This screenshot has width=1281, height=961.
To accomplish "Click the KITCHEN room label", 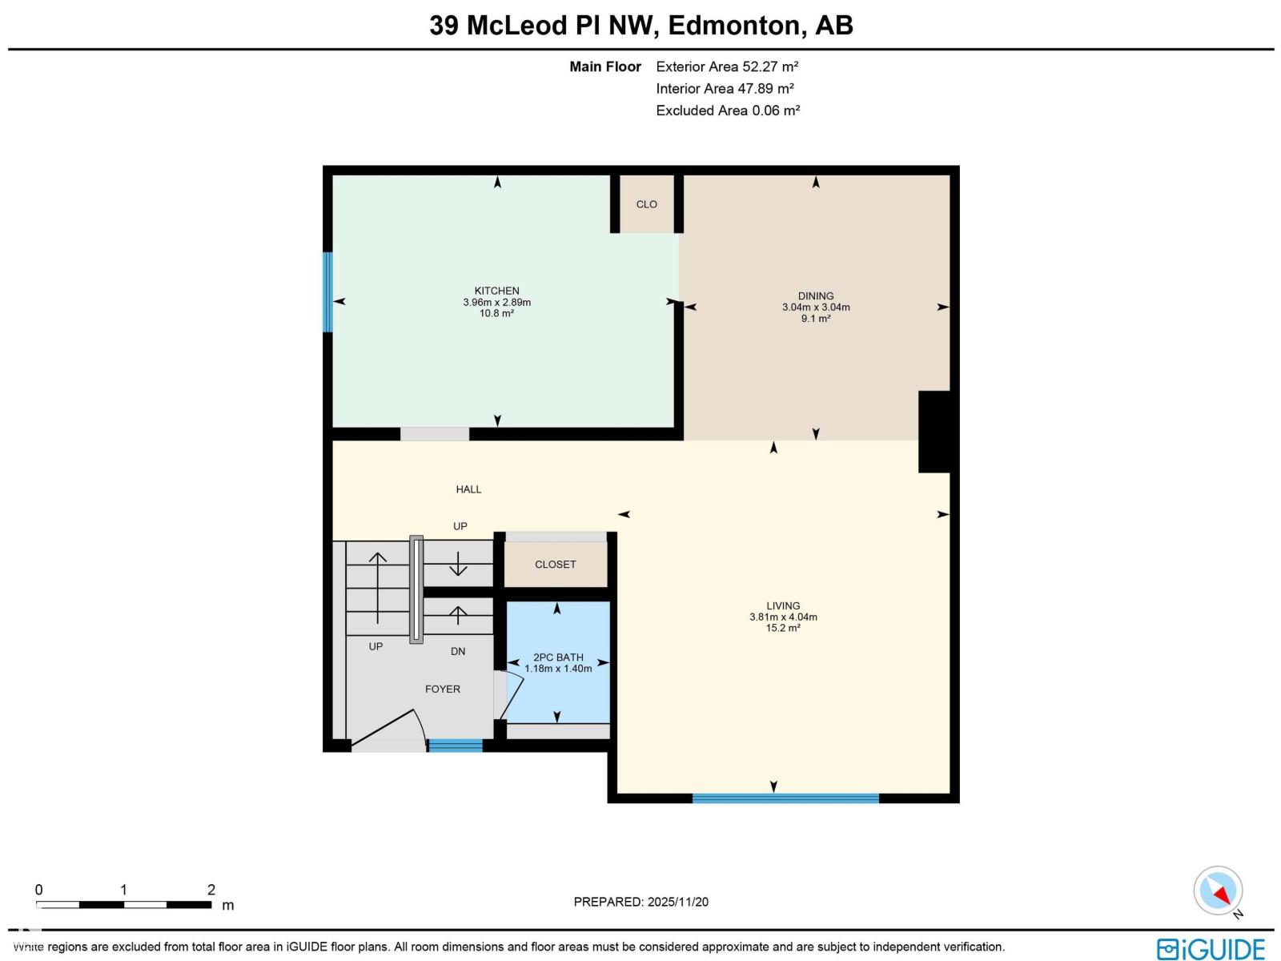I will tap(496, 292).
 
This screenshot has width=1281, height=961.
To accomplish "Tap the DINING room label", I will tap(815, 296).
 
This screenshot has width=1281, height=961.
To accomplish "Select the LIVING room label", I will tap(782, 606).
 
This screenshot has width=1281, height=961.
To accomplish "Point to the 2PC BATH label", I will tap(558, 657).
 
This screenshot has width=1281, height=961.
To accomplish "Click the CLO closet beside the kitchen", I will tap(646, 205).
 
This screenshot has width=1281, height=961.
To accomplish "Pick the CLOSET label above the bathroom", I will tap(555, 565).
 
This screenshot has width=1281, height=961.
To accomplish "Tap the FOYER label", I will tap(442, 690).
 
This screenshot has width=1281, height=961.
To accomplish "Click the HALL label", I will tap(468, 489).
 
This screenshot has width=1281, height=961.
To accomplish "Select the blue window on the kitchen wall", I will tap(327, 292).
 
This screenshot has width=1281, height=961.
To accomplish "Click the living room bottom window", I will tap(785, 798).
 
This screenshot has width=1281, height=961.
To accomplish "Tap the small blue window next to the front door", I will tap(455, 746).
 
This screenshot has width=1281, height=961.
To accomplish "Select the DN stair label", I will tap(458, 652).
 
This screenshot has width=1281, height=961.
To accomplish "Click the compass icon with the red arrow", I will tap(1218, 891).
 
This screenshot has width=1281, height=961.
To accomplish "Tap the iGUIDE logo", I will tap(1211, 948).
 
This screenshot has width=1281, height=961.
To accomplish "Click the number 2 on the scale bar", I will tap(211, 890).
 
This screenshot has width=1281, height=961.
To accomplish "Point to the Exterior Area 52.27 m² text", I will tap(727, 67).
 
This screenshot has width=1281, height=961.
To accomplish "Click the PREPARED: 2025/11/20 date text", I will tap(640, 902).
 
